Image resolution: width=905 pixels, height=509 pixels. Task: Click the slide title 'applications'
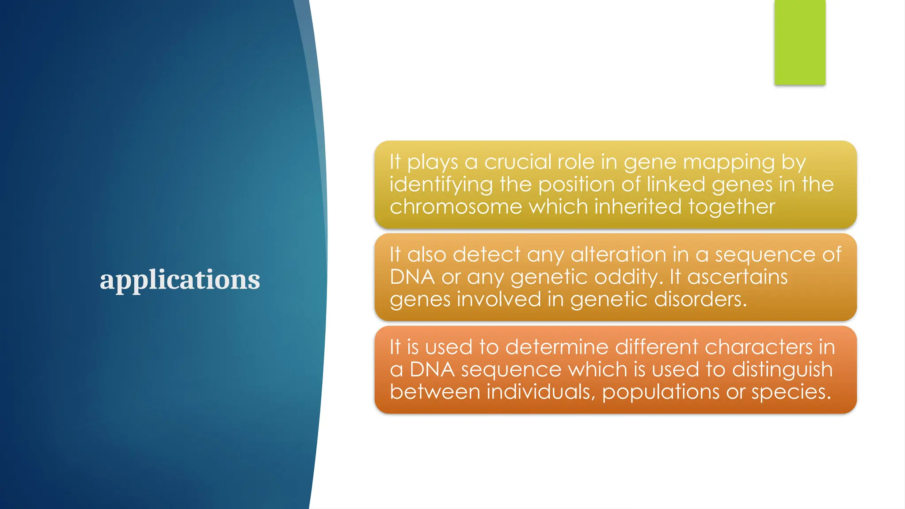pos(180,280)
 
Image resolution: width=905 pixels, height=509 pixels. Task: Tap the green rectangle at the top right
pos(799,42)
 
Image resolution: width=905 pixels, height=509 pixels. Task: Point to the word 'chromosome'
pos(456,207)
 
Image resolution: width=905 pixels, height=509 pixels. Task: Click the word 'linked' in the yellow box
pos(676,184)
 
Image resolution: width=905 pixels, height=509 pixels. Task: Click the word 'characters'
pos(758,347)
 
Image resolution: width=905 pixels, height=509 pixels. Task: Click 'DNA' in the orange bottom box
pos(432,370)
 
